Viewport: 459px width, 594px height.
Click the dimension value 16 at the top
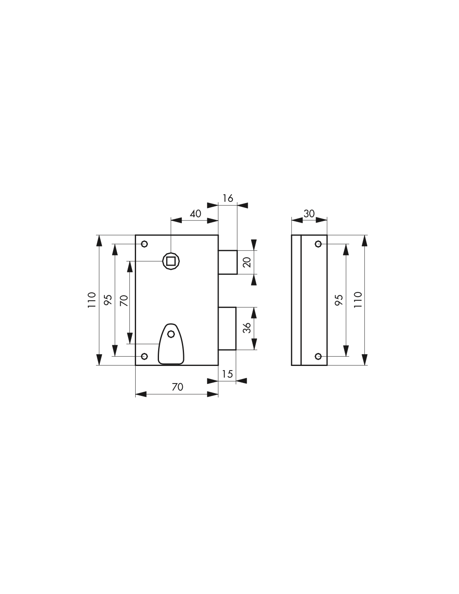[x=228, y=198]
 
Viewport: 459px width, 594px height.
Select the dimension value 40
[x=196, y=213]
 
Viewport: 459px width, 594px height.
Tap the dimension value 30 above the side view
[x=309, y=213]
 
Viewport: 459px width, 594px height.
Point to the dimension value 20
[x=247, y=262]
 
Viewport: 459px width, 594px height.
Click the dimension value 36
[x=247, y=328]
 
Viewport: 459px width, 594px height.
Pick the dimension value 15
[x=227, y=374]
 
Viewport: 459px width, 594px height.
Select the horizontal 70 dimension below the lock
[x=177, y=387]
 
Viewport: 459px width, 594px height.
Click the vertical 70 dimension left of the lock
[x=124, y=301]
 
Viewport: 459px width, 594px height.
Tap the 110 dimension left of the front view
[x=92, y=300]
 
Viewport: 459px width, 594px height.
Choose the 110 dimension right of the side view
[x=358, y=300]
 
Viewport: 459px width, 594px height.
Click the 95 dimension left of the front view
[x=108, y=300]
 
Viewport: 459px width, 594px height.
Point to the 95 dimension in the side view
[x=339, y=300]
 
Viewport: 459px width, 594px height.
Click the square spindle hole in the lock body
[x=171, y=261]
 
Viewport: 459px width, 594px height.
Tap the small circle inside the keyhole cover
[x=171, y=334]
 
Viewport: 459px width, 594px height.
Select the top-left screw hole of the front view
[x=144, y=244]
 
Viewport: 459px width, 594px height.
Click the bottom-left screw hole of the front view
[x=144, y=356]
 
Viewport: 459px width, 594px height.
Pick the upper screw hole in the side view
[x=318, y=244]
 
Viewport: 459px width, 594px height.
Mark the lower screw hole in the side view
[x=318, y=356]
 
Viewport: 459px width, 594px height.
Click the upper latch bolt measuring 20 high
[x=228, y=262]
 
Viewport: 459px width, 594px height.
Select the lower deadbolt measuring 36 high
[x=227, y=328]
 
